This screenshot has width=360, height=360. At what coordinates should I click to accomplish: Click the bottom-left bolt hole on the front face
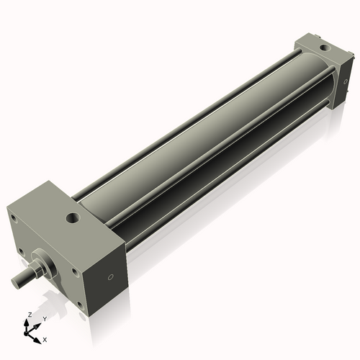click(24, 251)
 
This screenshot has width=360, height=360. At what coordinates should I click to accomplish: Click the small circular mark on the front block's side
click(110, 276)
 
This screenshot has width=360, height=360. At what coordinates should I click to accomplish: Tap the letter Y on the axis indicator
click(43, 318)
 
